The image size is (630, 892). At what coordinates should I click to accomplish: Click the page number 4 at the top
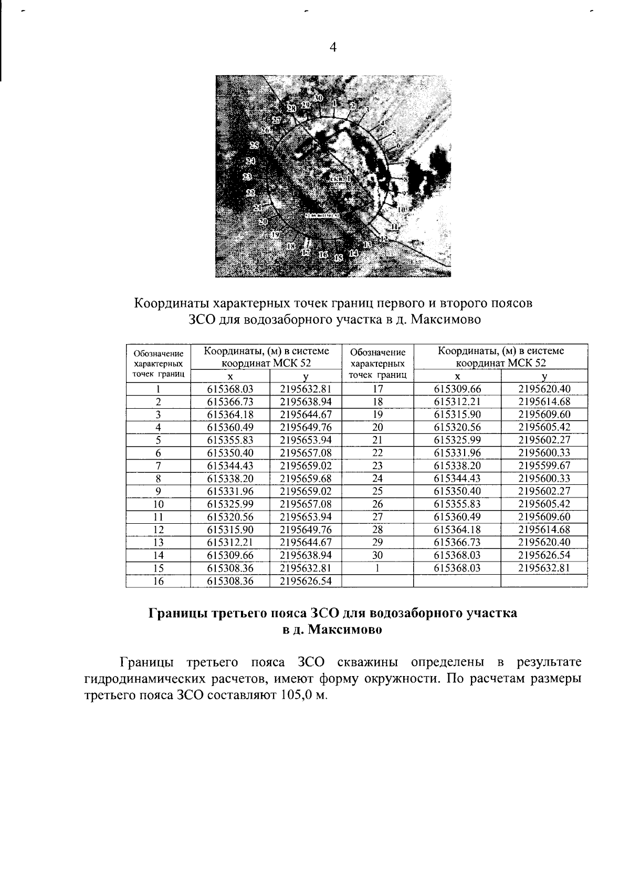(x=332, y=47)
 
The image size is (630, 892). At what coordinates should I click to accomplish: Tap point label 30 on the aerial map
(x=318, y=98)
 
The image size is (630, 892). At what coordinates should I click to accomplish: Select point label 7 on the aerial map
(x=406, y=163)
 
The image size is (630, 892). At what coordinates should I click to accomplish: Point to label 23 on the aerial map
(x=251, y=192)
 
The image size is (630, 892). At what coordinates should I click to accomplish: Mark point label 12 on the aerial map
(x=385, y=239)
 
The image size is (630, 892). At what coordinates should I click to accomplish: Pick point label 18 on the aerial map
(x=292, y=246)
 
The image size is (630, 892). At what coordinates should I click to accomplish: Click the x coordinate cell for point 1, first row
(x=230, y=389)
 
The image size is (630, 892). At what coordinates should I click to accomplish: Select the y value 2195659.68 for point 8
(x=306, y=479)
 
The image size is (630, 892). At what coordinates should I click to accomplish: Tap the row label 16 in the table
(x=157, y=581)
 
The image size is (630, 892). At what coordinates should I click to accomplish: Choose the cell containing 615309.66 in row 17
(x=457, y=389)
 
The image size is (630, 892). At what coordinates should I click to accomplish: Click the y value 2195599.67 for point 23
(x=544, y=466)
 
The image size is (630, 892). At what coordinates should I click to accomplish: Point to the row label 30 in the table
(x=377, y=555)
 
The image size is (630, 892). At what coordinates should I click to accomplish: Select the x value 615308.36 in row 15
(x=230, y=568)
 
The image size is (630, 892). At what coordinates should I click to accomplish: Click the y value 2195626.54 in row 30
(x=544, y=555)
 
